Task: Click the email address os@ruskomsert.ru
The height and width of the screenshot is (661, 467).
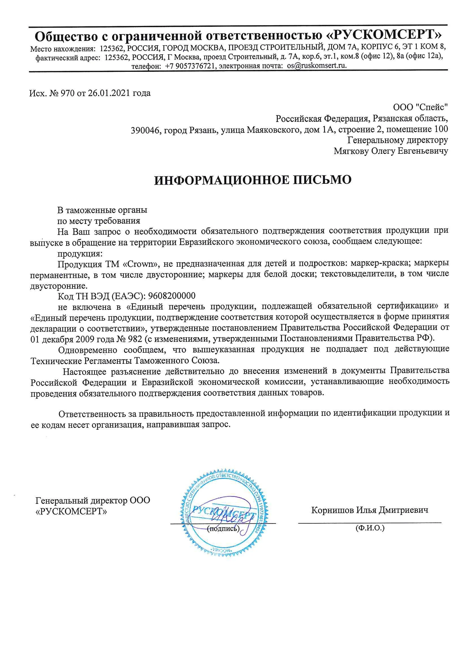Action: point(316,66)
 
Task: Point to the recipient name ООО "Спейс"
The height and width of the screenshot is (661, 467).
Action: point(420,107)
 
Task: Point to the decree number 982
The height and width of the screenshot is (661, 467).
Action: point(135,339)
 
